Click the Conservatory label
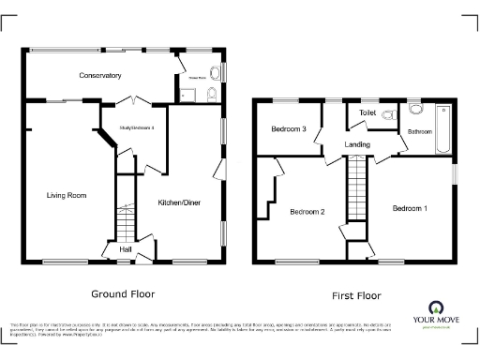coord(100,75)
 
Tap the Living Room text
coord(67,195)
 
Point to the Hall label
coord(125,249)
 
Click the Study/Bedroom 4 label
coord(137,127)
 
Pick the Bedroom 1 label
coord(410,207)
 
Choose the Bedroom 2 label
coord(307,212)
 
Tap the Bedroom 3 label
coord(289,128)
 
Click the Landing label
coord(357,144)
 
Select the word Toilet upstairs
coord(367,113)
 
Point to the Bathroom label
coord(419,132)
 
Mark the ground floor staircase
coord(125,222)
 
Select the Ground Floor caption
coord(123,292)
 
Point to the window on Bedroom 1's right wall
coord(454,174)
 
